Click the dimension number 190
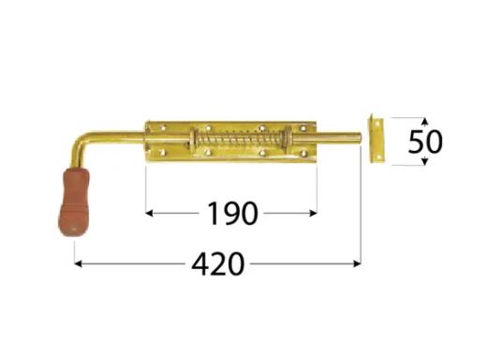233,213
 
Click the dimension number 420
218,264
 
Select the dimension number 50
425,142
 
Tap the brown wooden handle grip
74,202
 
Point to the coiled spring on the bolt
239,140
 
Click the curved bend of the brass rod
79,142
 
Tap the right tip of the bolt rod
361,139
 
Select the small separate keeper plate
376,139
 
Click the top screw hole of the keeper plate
377,123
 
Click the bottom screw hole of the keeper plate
377,157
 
